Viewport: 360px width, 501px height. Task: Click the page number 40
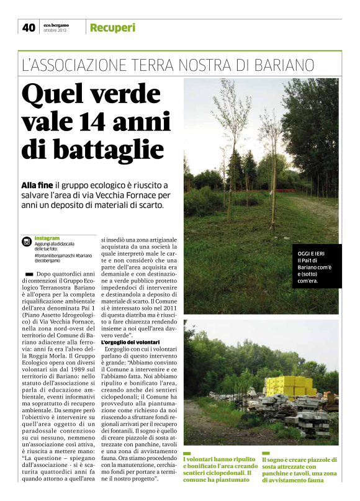(29, 27)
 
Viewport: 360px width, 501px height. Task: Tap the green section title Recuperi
(112, 27)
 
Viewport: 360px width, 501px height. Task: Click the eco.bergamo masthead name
(56, 24)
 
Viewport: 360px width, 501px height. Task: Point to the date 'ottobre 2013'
(55, 30)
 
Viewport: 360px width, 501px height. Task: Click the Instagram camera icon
(27, 241)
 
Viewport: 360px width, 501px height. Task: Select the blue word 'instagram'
(47, 238)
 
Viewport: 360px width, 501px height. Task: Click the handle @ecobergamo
(48, 260)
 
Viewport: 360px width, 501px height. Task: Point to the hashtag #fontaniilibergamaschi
(54, 255)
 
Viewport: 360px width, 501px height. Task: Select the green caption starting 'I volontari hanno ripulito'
(220, 469)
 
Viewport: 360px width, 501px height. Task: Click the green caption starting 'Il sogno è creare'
(299, 469)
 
